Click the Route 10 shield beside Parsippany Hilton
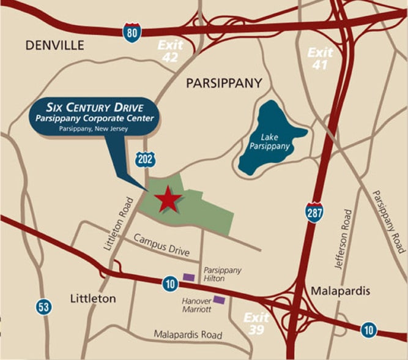tap(171, 283)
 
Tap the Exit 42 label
tap(169, 51)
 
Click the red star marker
tap(167, 199)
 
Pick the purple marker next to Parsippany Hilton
tap(189, 277)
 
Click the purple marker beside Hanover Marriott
tap(219, 299)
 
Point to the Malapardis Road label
tap(188, 335)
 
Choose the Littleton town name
tap(93, 299)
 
